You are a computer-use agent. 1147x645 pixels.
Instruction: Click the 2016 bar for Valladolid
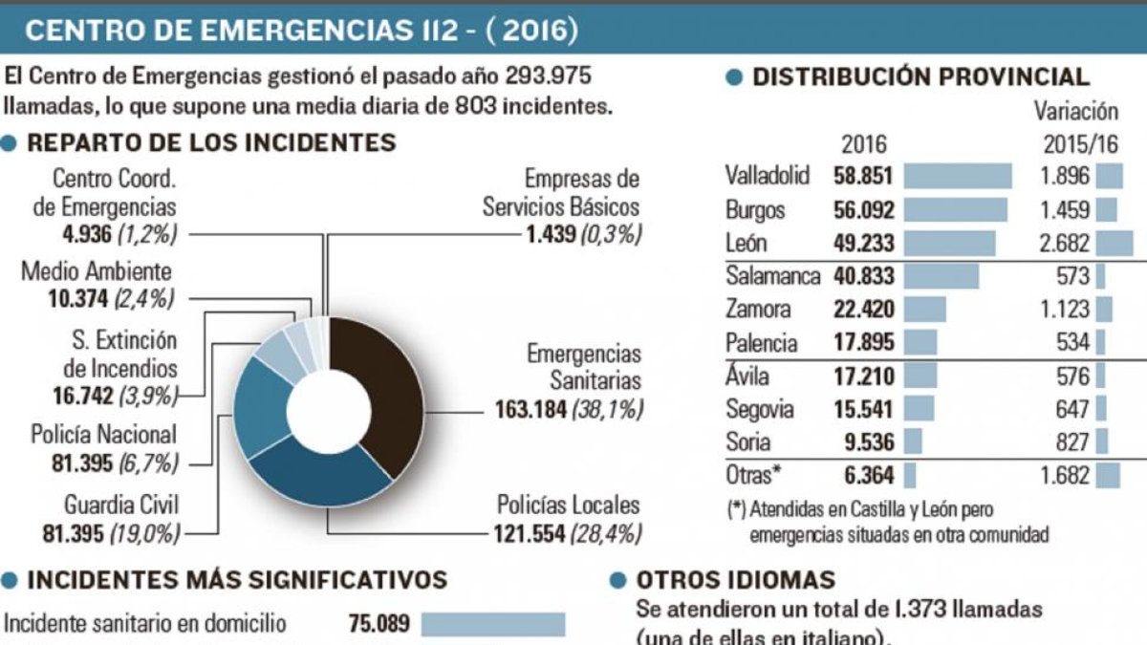(957, 176)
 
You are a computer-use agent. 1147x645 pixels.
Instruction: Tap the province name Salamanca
(772, 276)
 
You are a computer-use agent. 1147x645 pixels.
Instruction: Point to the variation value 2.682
(1065, 243)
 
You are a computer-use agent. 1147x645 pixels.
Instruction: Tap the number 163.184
(530, 409)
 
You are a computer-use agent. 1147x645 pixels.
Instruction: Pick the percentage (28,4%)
(605, 533)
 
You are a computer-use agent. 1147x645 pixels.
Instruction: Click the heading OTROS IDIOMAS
(735, 580)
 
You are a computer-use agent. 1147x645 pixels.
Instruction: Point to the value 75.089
(378, 625)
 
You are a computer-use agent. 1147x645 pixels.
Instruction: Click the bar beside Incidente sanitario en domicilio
(493, 625)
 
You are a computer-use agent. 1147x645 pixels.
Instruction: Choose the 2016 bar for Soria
(913, 441)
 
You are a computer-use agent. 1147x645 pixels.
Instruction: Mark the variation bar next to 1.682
(1109, 475)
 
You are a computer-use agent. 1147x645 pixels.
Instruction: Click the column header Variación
(1076, 112)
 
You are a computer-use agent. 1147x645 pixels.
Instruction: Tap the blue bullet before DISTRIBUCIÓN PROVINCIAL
(735, 78)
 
